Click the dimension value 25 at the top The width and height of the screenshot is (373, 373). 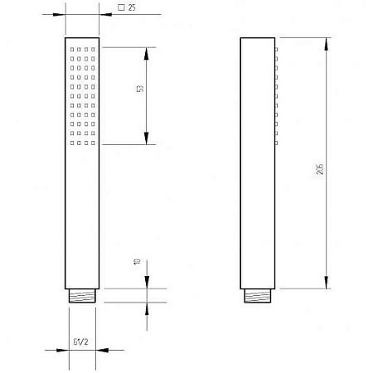132,7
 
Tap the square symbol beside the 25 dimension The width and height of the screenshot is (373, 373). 121,7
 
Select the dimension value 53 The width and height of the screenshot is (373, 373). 140,89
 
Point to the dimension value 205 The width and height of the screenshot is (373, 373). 320,169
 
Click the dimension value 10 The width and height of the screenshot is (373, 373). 137,261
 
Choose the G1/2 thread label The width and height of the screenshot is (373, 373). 80,342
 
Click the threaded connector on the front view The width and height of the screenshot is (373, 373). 82,296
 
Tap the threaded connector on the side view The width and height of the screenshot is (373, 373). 258,296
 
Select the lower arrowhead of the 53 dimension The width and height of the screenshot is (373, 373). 146,138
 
